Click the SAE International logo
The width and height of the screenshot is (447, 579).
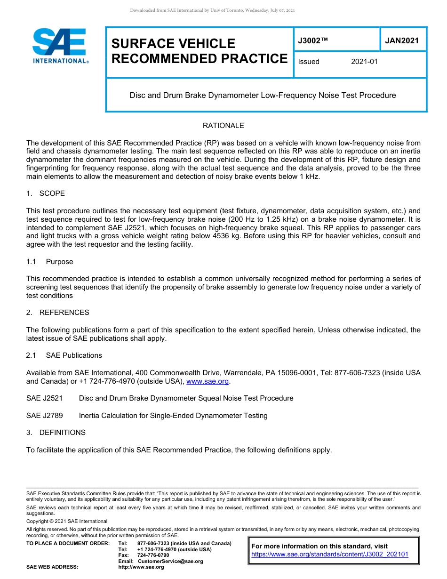(60, 46)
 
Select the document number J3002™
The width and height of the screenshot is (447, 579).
(313, 41)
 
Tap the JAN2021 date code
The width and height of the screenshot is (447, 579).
(402, 40)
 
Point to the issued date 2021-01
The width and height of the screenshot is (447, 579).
(364, 62)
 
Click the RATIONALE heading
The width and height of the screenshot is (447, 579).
(223, 126)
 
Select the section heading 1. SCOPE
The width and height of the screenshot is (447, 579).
(46, 193)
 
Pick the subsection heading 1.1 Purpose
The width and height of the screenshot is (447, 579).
(50, 262)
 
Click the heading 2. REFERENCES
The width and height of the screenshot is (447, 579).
(57, 313)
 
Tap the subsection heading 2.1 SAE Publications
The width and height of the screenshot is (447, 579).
(64, 355)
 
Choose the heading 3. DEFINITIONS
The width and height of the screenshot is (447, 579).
(56, 433)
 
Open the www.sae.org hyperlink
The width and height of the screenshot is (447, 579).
(208, 381)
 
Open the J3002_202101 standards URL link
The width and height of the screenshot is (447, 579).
(330, 555)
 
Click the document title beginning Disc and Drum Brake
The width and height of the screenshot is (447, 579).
(263, 96)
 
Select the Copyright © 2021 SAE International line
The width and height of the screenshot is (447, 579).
(67, 521)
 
